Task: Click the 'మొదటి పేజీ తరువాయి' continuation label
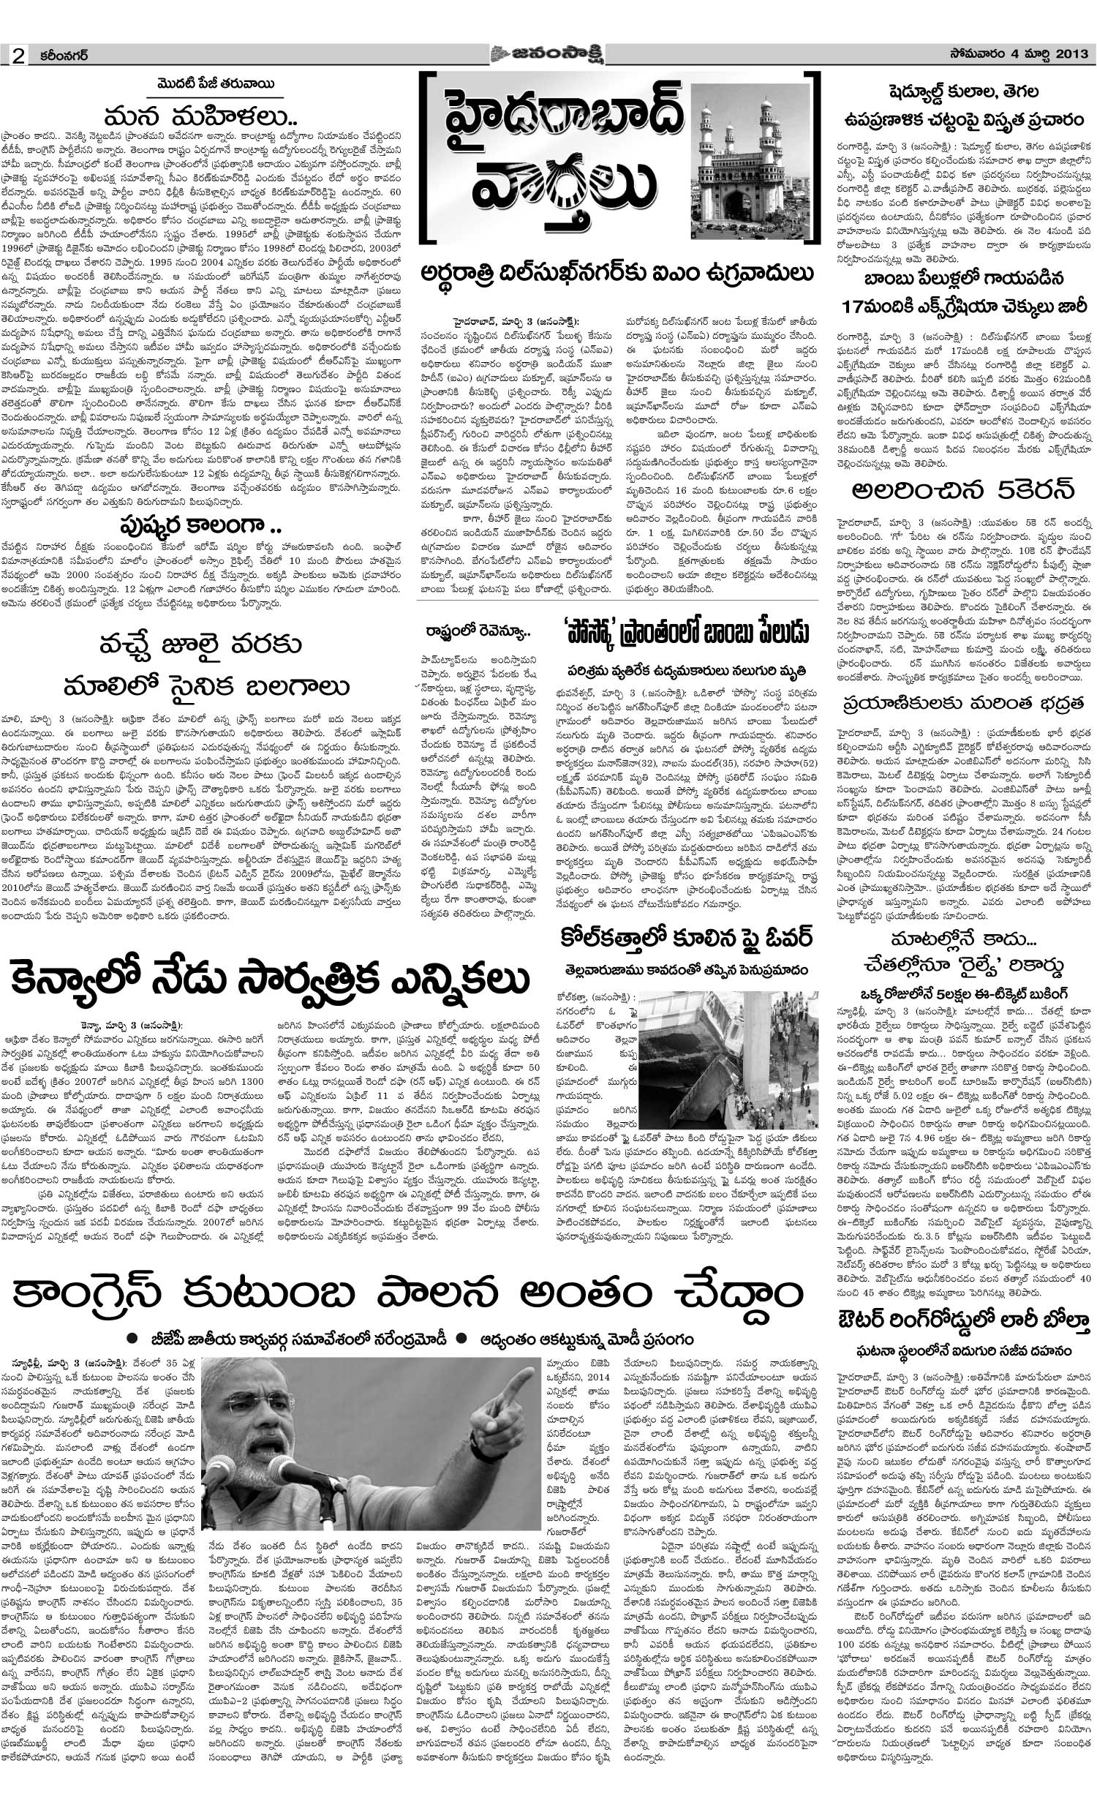[x=200, y=83]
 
